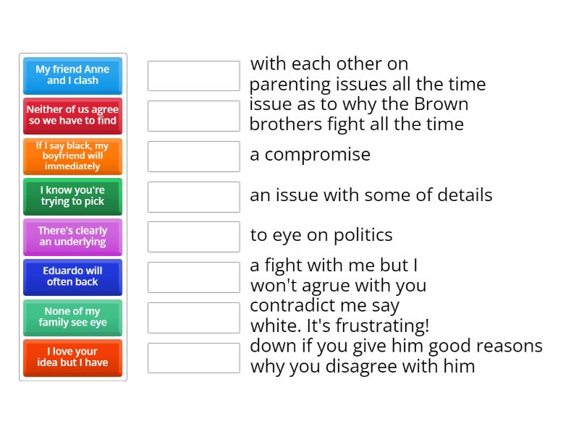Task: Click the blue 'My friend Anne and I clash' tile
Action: coord(72,75)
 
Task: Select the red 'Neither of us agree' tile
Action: coord(72,116)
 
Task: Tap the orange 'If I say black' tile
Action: coord(72,156)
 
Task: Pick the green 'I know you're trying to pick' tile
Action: coord(72,196)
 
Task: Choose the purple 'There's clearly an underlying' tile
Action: coord(72,237)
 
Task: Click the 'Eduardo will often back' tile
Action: coord(72,277)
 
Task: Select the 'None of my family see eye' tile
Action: coord(72,318)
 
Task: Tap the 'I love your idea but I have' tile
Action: coord(72,357)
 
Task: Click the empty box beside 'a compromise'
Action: coord(193,156)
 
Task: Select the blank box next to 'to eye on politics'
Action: coord(193,237)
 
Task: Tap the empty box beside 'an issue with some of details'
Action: coord(193,197)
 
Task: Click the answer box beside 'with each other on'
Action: coord(193,76)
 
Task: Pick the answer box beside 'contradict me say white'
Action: coord(193,318)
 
